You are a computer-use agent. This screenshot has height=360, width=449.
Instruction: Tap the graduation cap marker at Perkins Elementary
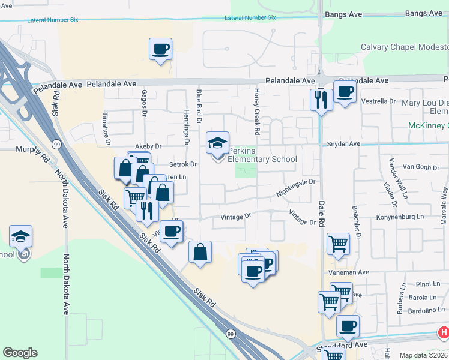[217, 143]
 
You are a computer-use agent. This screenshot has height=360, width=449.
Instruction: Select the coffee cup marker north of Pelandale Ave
[160, 49]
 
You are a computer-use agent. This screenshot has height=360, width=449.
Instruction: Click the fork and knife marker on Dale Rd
[321, 99]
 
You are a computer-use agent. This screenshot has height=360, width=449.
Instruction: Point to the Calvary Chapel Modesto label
[404, 47]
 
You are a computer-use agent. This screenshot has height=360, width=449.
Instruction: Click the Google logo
[20, 353]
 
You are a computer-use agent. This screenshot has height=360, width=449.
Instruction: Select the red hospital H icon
[443, 332]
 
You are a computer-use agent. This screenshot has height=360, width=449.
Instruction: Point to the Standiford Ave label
[352, 345]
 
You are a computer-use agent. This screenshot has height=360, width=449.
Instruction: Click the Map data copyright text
[424, 355]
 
